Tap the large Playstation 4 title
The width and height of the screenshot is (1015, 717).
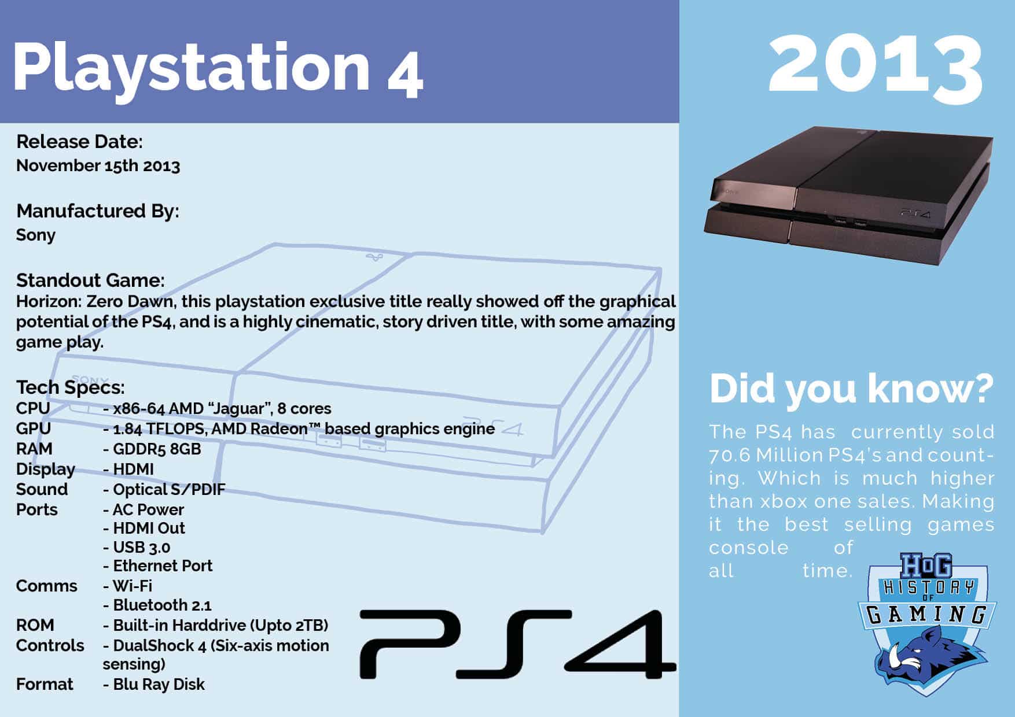(x=218, y=69)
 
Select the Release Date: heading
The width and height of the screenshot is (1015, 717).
(x=80, y=142)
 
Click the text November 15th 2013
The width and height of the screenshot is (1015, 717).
(x=98, y=165)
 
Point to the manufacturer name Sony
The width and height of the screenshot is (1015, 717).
(x=36, y=235)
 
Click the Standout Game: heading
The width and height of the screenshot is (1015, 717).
(x=90, y=280)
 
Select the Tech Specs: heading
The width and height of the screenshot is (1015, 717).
(x=71, y=387)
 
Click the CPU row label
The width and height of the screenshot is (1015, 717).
(x=33, y=408)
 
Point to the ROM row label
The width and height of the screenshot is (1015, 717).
(x=35, y=625)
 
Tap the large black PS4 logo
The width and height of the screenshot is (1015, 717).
(x=518, y=644)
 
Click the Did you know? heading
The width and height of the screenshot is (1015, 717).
(x=851, y=389)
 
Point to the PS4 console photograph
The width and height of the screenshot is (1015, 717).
(x=848, y=195)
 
